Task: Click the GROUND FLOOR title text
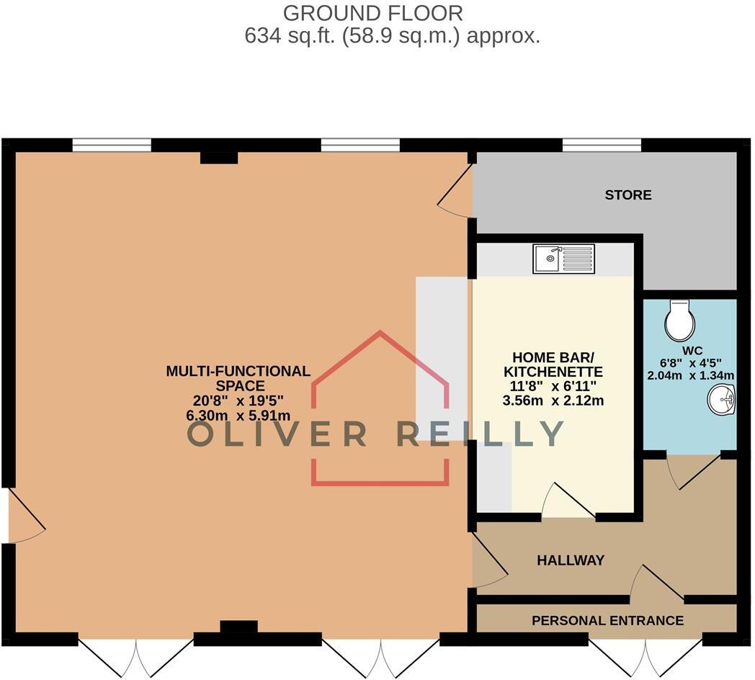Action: pyautogui.click(x=372, y=12)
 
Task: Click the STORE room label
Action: pyautogui.click(x=627, y=194)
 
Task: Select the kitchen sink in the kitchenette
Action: pyautogui.click(x=564, y=259)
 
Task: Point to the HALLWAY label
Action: pyautogui.click(x=571, y=560)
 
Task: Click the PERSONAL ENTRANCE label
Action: pyautogui.click(x=607, y=620)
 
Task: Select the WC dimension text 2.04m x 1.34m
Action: pyautogui.click(x=690, y=375)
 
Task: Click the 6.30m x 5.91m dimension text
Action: pyautogui.click(x=238, y=415)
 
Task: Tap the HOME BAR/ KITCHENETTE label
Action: pyautogui.click(x=557, y=364)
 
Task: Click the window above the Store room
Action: pyautogui.click(x=601, y=146)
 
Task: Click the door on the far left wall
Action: pyautogui.click(x=24, y=516)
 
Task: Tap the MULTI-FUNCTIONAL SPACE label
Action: pyautogui.click(x=238, y=379)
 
